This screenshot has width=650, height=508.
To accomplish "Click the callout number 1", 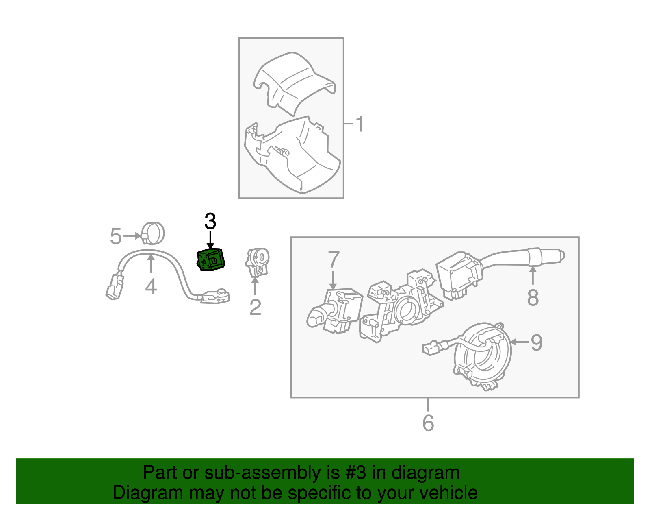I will pyautogui.click(x=360, y=124).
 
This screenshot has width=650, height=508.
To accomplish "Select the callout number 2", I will pyautogui.click(x=255, y=307).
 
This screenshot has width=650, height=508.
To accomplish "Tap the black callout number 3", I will pyautogui.click(x=210, y=222).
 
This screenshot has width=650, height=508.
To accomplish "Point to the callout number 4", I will pyautogui.click(x=151, y=287).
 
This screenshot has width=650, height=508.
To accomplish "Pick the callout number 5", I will pyautogui.click(x=116, y=236).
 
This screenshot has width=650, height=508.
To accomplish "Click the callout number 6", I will pyautogui.click(x=428, y=423).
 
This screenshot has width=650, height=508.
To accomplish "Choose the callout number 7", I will pyautogui.click(x=333, y=260).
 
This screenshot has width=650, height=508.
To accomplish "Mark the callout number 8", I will pyautogui.click(x=533, y=297).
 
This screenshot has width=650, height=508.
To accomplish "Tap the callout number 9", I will pyautogui.click(x=537, y=342).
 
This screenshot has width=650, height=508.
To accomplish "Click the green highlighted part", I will pyautogui.click(x=211, y=259).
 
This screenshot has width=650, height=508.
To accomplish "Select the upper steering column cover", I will pyautogui.click(x=295, y=83).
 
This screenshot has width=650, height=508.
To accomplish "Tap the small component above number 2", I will pyautogui.click(x=257, y=262).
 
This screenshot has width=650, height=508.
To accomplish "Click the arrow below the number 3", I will pyautogui.click(x=210, y=240).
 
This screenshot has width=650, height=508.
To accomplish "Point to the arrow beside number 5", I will pyautogui.click(x=132, y=236).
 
